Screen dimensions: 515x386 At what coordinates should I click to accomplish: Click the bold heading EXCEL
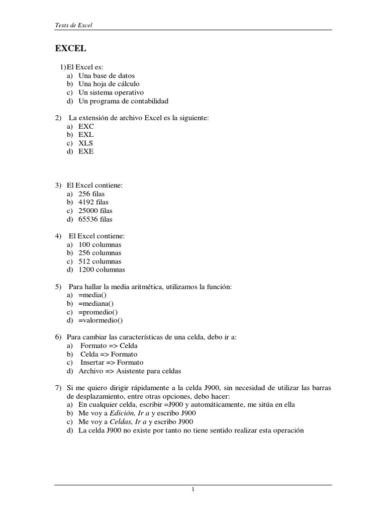tap(70, 49)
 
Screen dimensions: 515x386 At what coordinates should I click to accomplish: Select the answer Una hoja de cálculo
tap(109, 84)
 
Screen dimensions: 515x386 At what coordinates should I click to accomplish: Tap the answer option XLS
tap(86, 143)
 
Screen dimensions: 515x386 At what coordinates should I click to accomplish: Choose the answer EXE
tap(86, 151)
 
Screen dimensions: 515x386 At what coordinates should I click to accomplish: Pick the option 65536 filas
tap(95, 219)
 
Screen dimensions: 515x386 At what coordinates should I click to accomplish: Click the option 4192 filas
tap(93, 202)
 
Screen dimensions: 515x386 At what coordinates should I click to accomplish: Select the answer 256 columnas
tap(100, 253)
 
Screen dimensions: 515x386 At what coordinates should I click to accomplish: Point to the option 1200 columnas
tap(102, 270)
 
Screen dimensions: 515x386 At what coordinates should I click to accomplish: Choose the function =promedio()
tap(98, 312)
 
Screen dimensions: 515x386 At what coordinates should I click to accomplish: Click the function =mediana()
tap(96, 303)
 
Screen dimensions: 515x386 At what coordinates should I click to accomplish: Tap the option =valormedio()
tap(101, 320)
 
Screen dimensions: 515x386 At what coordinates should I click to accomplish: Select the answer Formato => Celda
tap(109, 346)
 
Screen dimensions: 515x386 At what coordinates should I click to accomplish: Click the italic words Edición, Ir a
tap(125, 413)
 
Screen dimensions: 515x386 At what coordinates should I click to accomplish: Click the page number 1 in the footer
tap(193, 490)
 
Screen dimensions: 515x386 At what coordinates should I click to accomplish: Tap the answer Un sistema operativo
tap(111, 93)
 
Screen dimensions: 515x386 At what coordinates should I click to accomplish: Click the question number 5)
tap(58, 287)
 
